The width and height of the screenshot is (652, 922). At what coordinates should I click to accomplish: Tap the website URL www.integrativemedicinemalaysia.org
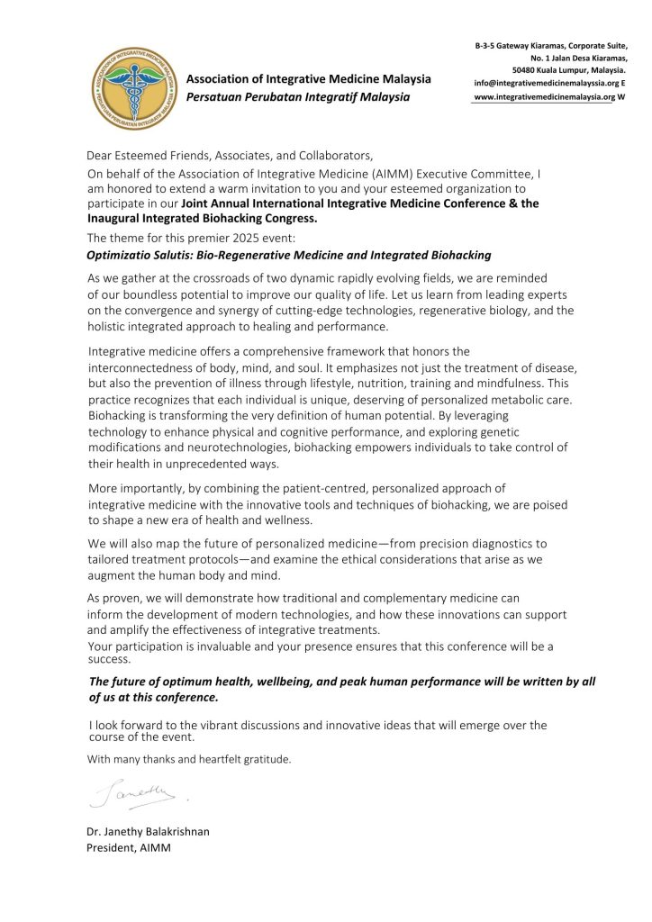pos(543,96)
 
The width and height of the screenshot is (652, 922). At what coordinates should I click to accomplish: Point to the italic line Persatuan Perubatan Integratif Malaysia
pos(298,96)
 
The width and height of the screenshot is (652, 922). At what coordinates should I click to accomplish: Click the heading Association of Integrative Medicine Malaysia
pos(308,78)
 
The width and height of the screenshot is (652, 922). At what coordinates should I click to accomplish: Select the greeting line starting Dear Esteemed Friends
pos(229,155)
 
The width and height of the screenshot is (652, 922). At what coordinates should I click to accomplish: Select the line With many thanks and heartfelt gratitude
pos(189,759)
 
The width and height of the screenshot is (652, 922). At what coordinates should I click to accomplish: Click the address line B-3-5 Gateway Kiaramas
pos(551,44)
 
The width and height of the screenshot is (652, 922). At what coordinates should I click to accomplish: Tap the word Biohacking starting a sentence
pos(119,416)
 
